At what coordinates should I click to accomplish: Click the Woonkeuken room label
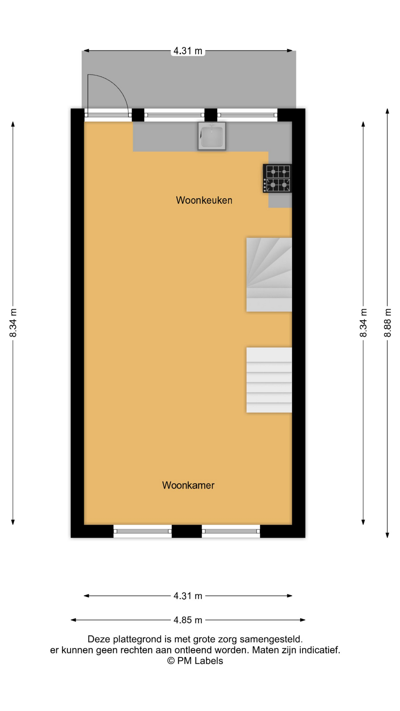pyautogui.click(x=204, y=200)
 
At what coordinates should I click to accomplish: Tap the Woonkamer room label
pyautogui.click(x=188, y=485)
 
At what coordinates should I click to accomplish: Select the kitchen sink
pyautogui.click(x=212, y=136)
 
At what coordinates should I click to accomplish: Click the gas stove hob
pyautogui.click(x=277, y=178)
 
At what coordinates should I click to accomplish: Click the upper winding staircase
pyautogui.click(x=269, y=274)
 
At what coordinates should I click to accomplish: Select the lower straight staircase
pyautogui.click(x=269, y=380)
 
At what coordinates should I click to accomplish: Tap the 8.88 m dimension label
pyautogui.click(x=387, y=323)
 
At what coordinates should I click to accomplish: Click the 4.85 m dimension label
pyautogui.click(x=188, y=620)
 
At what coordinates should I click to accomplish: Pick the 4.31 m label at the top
pyautogui.click(x=188, y=51)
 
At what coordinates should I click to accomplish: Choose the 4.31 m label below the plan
pyautogui.click(x=188, y=596)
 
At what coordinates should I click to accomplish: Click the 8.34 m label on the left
pyautogui.click(x=13, y=323)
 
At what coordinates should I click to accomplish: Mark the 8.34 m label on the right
pyautogui.click(x=363, y=323)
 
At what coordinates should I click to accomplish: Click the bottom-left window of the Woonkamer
pyautogui.click(x=143, y=531)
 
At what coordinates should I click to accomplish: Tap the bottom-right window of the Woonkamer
pyautogui.click(x=231, y=531)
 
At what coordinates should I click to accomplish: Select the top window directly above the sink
pyautogui.click(x=174, y=115)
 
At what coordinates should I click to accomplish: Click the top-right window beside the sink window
pyautogui.click(x=247, y=115)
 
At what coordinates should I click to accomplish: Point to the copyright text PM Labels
pyautogui.click(x=195, y=661)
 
